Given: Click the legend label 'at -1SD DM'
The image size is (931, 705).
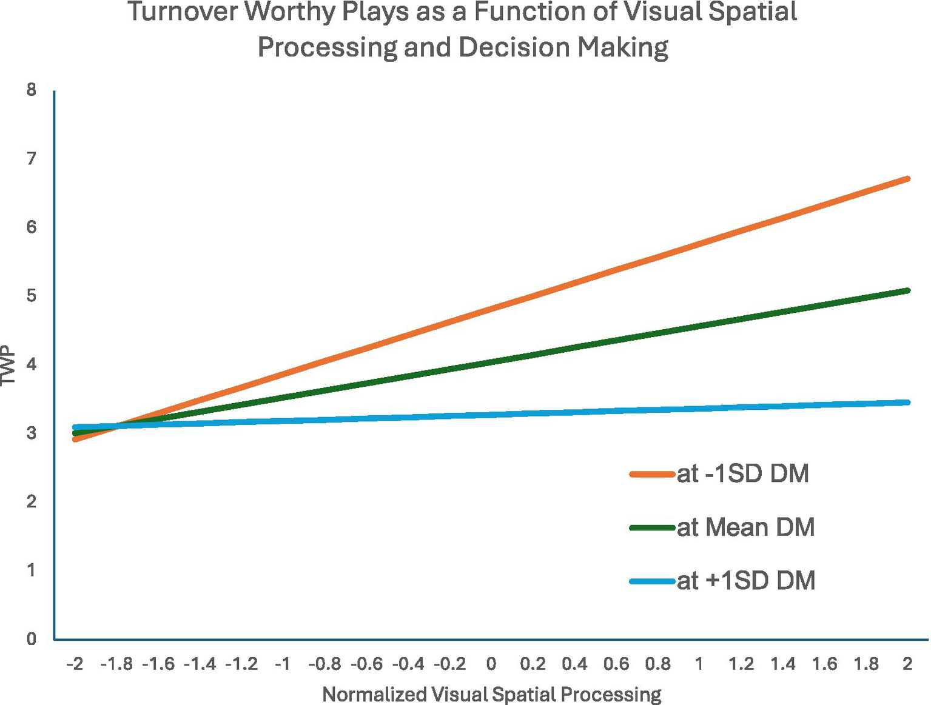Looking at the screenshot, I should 742,474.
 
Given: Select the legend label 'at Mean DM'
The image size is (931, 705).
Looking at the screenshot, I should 745,527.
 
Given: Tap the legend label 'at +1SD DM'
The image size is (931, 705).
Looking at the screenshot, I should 745,581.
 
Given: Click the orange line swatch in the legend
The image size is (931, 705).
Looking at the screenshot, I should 652,474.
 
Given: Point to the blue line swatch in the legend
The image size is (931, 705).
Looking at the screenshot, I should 652,581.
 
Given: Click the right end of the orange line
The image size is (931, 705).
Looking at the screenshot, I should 907,179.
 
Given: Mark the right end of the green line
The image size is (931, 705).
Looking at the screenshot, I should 907,291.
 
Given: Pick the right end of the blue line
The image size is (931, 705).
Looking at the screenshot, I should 907,403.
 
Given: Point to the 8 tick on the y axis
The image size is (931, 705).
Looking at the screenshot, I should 31,90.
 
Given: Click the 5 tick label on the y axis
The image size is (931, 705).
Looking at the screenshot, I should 31,296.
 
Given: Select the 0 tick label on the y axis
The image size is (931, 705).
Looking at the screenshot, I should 31,639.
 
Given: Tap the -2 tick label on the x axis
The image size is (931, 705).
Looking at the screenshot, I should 75,664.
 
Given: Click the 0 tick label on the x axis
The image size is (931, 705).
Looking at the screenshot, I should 491,664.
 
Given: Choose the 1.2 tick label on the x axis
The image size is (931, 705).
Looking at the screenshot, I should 741,664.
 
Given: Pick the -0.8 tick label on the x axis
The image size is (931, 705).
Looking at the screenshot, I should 324,664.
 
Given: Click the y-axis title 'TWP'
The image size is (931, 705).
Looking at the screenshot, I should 8,365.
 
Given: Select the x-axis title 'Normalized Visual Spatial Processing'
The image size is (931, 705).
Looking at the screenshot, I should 491,694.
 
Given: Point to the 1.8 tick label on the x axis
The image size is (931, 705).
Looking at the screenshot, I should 866,664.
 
